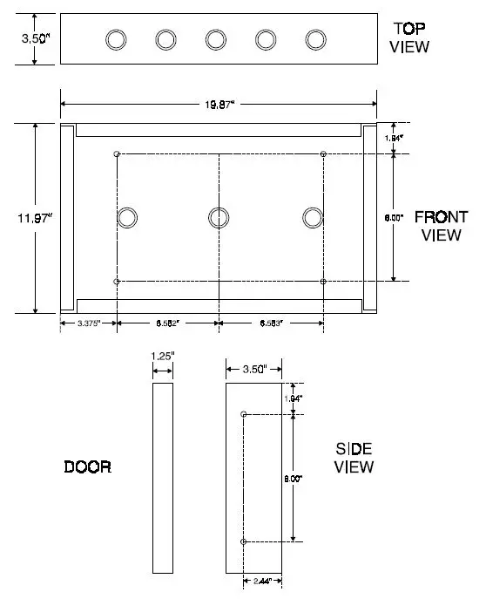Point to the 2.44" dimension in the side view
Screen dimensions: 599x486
pos(262,579)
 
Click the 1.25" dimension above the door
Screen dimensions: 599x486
pos(163,356)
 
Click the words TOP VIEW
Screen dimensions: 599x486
pos(409,37)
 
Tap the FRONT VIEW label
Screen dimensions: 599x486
pos(440,225)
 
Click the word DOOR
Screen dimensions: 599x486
pos(87,466)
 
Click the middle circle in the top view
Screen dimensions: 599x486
pos(216,39)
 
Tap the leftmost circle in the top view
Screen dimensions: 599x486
pos(116,39)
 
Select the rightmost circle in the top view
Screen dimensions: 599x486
pos(315,39)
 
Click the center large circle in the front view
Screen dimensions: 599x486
pos(219,217)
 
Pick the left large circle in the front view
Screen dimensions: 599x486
pos(128,217)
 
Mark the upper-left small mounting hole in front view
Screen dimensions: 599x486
pos(117,153)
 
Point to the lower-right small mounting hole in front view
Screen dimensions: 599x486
pos(323,282)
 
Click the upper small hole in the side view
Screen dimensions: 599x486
pos(243,413)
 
